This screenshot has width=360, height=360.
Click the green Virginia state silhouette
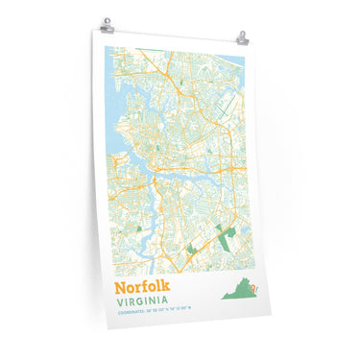(240, 291)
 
